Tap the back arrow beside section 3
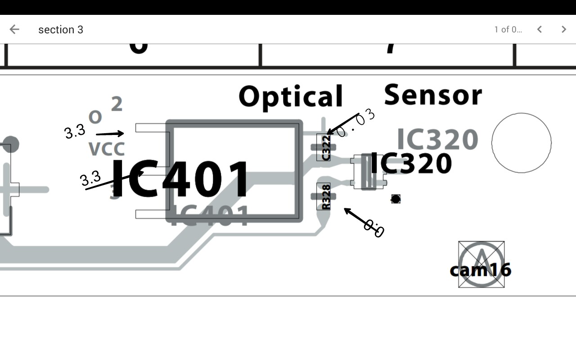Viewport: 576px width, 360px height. coord(14,30)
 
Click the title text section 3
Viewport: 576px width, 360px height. coord(61,30)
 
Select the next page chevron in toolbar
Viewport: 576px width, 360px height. coord(563,30)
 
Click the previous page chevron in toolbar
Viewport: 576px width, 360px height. coord(539,30)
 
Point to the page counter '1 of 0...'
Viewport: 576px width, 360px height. coord(508,30)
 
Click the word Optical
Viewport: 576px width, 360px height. coord(291,96)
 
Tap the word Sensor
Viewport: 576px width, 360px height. coord(433,95)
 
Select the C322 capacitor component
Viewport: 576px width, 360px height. coord(324,147)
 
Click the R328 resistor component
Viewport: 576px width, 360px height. coord(324,197)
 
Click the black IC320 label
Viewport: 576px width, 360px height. coord(410,164)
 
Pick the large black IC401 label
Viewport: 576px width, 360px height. coord(180,180)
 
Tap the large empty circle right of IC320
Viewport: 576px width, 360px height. coord(521,143)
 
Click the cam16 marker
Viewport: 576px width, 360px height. coord(481,269)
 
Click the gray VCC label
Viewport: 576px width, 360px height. coord(106,149)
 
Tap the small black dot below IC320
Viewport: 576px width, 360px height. coord(396,199)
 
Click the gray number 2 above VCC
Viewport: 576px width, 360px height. coord(117,104)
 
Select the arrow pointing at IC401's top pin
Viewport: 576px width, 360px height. coord(110,134)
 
